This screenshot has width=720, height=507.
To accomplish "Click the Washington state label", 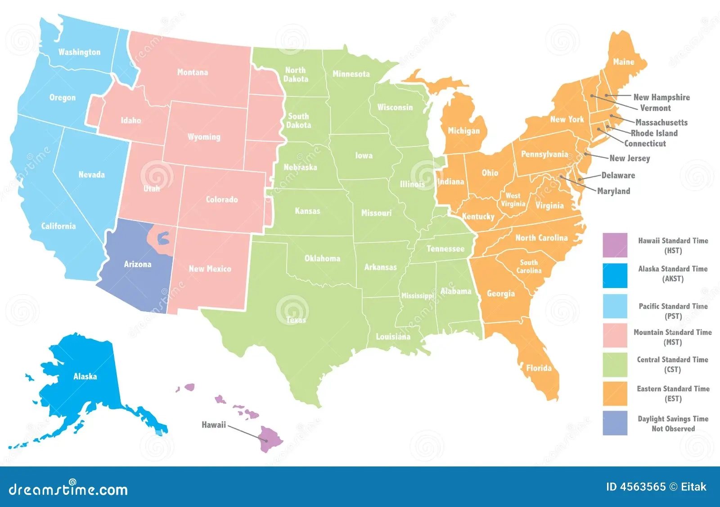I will point(80,52).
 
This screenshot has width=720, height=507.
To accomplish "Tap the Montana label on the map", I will point(193,72).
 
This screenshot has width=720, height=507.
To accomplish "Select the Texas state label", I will point(296,320).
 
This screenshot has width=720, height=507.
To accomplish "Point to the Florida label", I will point(539,368).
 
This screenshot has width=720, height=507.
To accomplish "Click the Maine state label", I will point(624,62).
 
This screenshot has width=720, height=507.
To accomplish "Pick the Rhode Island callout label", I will point(654,133).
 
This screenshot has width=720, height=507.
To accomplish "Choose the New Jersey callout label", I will point(630,158).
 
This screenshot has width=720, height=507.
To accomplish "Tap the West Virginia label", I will point(513,200).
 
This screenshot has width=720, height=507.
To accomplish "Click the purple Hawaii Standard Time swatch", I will point(615,245).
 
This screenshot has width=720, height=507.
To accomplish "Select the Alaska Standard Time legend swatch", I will point(615,275).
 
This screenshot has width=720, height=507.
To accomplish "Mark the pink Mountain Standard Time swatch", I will point(615,335).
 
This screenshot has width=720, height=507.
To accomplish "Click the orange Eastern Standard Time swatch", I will point(615,393).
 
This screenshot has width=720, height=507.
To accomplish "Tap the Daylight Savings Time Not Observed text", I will point(673,424).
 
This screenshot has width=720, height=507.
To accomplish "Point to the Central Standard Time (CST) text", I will point(672,365).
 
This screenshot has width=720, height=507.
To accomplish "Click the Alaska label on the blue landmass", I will point(85,376).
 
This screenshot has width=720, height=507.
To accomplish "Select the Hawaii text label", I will point(214,425).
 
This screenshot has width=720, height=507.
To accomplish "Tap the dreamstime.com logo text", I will point(68,489).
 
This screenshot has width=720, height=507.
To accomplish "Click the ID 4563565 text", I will point(635,487).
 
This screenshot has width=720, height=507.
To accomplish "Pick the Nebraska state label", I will point(300,167).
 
